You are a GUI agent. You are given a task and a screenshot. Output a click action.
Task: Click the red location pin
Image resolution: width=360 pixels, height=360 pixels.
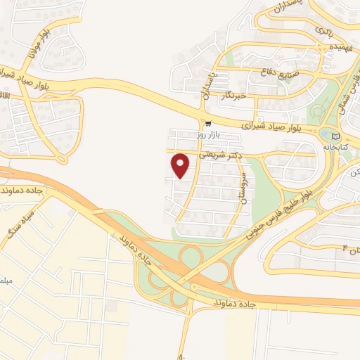(x=181, y=166)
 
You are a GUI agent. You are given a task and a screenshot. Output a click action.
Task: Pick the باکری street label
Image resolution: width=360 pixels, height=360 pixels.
(x=323, y=31)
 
